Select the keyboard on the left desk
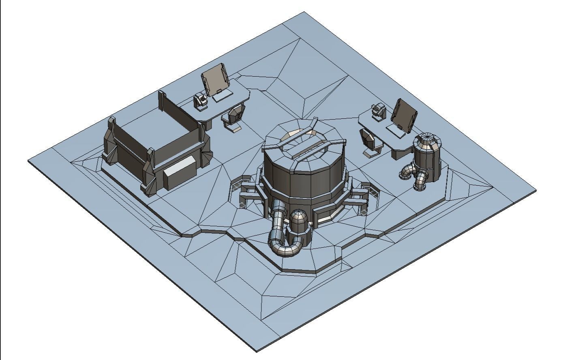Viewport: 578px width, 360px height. [223, 96]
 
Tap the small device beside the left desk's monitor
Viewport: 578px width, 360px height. [200, 100]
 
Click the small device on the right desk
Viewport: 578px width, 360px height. [378, 110]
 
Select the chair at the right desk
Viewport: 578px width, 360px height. [370, 142]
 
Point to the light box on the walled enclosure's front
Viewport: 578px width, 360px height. [180, 173]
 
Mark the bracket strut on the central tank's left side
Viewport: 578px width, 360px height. [246, 191]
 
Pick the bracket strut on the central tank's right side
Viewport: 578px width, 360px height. [360, 195]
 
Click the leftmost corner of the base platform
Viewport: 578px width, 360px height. [29, 161]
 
